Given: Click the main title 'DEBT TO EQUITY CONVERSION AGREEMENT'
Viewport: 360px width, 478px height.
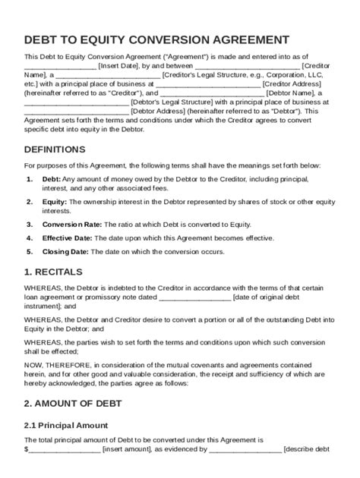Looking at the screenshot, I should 156,39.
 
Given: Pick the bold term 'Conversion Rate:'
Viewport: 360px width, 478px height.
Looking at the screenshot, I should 71,225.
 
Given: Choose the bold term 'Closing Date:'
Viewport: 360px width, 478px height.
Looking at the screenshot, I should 66,252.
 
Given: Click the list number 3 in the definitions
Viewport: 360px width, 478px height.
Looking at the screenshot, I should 29,225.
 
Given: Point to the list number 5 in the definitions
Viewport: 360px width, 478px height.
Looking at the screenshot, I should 29,252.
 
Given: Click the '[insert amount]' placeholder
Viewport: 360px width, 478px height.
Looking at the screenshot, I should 127,449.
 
